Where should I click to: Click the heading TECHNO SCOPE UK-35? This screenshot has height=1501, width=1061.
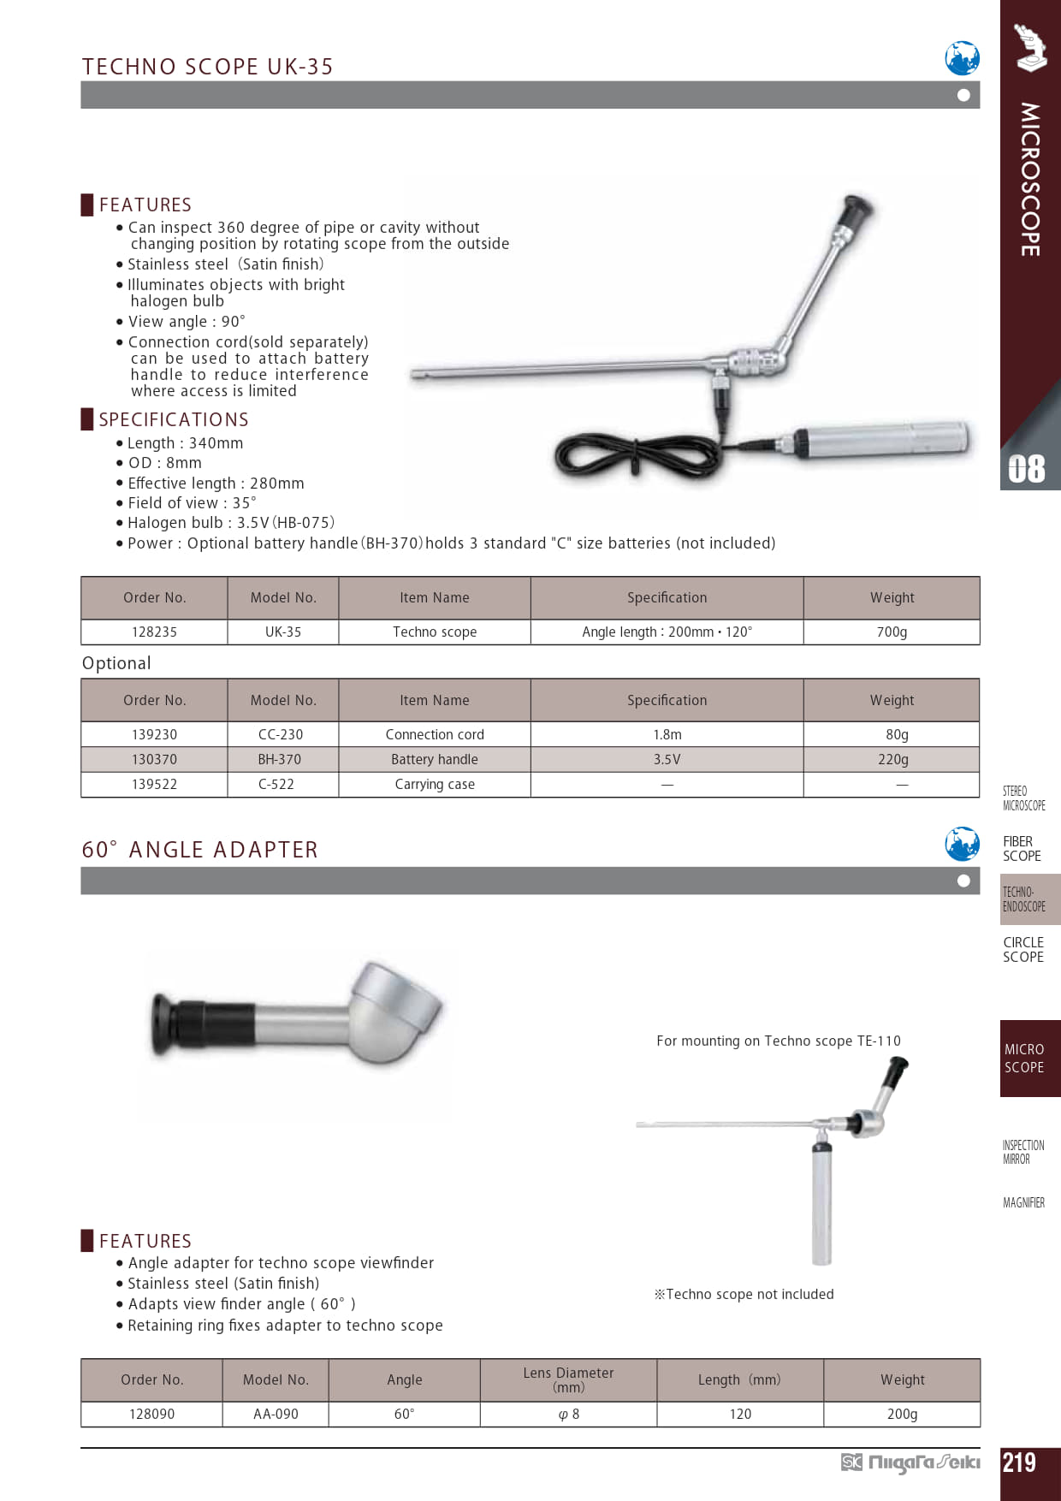pyautogui.click(x=208, y=67)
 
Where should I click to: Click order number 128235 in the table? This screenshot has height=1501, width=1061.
pyautogui.click(x=154, y=632)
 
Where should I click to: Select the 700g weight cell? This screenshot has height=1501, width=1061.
pyautogui.click(x=892, y=632)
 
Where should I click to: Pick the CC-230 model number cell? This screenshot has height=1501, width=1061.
pyautogui.click(x=281, y=734)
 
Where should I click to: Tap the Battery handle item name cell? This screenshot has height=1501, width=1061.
pyautogui.click(x=435, y=759)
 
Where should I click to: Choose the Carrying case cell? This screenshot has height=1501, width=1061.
pyautogui.click(x=435, y=784)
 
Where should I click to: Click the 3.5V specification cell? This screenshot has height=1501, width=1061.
pyautogui.click(x=667, y=759)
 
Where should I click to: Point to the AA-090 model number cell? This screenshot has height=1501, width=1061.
pyautogui.click(x=276, y=1414)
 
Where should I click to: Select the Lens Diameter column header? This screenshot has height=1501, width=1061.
pyautogui.click(x=568, y=1379)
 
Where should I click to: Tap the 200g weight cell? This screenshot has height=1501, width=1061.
pyautogui.click(x=902, y=1414)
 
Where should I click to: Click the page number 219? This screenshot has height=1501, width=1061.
pyautogui.click(x=1019, y=1462)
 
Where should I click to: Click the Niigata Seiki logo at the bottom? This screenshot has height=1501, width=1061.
pyautogui.click(x=911, y=1462)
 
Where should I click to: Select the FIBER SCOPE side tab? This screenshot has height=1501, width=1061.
pyautogui.click(x=1022, y=849)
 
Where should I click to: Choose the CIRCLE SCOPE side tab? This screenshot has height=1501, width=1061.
pyautogui.click(x=1023, y=950)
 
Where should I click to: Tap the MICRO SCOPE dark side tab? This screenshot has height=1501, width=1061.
pyautogui.click(x=1024, y=1059)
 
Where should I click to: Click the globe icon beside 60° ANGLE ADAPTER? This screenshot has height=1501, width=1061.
pyautogui.click(x=962, y=844)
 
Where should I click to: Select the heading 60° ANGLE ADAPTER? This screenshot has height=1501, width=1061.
pyautogui.click(x=200, y=850)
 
